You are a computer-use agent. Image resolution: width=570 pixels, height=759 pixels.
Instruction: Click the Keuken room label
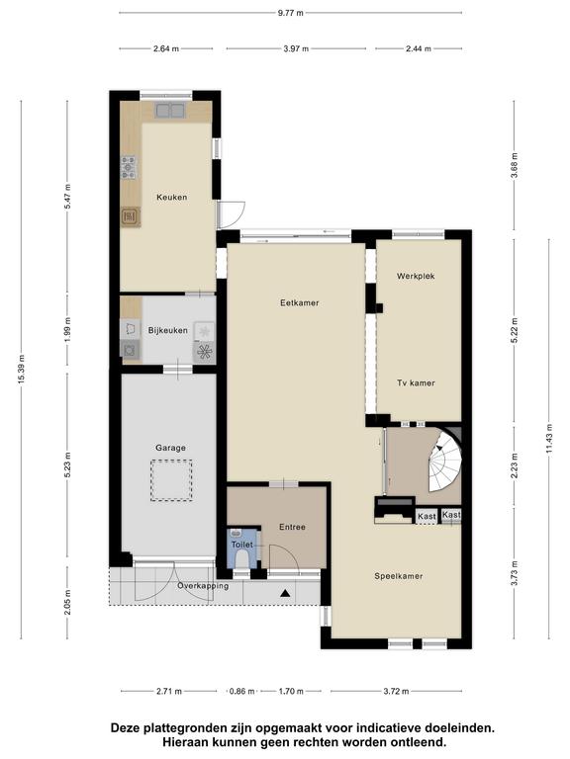point(171,198)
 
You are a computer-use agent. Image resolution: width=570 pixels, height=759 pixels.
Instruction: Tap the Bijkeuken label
point(167,331)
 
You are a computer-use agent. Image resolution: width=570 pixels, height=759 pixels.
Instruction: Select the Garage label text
point(170,449)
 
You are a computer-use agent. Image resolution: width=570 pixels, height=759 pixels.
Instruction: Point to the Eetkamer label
point(300,303)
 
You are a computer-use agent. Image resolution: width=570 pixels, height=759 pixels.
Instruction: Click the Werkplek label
point(416,277)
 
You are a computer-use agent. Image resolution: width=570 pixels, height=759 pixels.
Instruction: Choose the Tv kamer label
point(416,383)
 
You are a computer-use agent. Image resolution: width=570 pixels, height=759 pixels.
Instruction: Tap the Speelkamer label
point(399,576)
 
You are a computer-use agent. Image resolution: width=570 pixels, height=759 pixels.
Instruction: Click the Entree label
point(292,527)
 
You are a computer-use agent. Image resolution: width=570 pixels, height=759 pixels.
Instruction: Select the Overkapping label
point(203,586)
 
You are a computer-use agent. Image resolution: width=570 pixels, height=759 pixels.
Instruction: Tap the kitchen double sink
point(169,111)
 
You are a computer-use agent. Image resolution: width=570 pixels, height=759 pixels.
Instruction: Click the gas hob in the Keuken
point(129,167)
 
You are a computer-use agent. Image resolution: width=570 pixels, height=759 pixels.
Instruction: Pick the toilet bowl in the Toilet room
point(241,559)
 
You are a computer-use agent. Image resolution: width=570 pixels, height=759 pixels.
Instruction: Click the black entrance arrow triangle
point(285,593)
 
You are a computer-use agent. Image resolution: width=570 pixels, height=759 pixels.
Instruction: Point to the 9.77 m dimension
point(290,13)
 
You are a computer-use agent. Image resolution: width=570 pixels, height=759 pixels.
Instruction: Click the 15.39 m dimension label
point(22,370)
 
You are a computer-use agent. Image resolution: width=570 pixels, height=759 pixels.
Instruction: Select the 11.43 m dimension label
point(549,439)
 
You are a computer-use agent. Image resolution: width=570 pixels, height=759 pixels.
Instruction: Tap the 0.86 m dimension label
point(241,691)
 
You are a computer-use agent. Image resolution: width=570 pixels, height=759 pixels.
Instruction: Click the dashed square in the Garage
point(171,480)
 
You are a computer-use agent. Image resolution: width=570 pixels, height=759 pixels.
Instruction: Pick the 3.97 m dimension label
point(296,48)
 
